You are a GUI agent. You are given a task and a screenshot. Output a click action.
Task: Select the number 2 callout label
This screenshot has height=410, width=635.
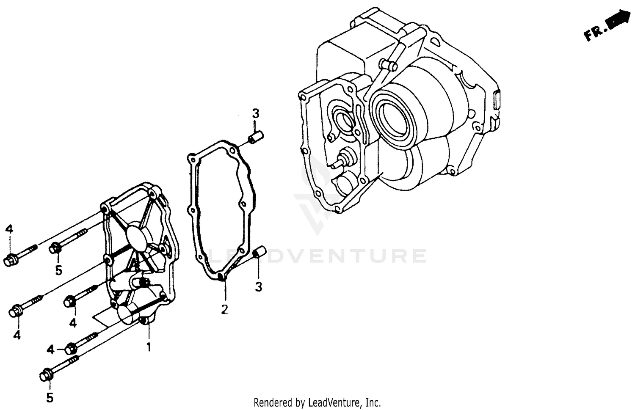(x=224, y=309)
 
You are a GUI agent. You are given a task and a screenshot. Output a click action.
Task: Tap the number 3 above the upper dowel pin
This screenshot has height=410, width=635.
(x=256, y=114)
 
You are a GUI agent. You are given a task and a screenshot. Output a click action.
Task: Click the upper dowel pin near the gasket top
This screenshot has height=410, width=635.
(x=256, y=138)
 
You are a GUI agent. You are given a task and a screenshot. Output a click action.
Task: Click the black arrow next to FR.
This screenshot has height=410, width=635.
(x=618, y=21)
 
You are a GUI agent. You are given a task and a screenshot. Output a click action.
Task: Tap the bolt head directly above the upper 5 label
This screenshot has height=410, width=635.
(x=55, y=248)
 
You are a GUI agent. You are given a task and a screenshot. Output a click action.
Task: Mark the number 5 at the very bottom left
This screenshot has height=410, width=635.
(x=50, y=398)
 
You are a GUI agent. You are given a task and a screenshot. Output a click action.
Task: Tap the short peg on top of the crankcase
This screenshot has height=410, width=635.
(x=388, y=65)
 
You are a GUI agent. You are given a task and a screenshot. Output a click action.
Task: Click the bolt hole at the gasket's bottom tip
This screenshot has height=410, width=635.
(x=222, y=277)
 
